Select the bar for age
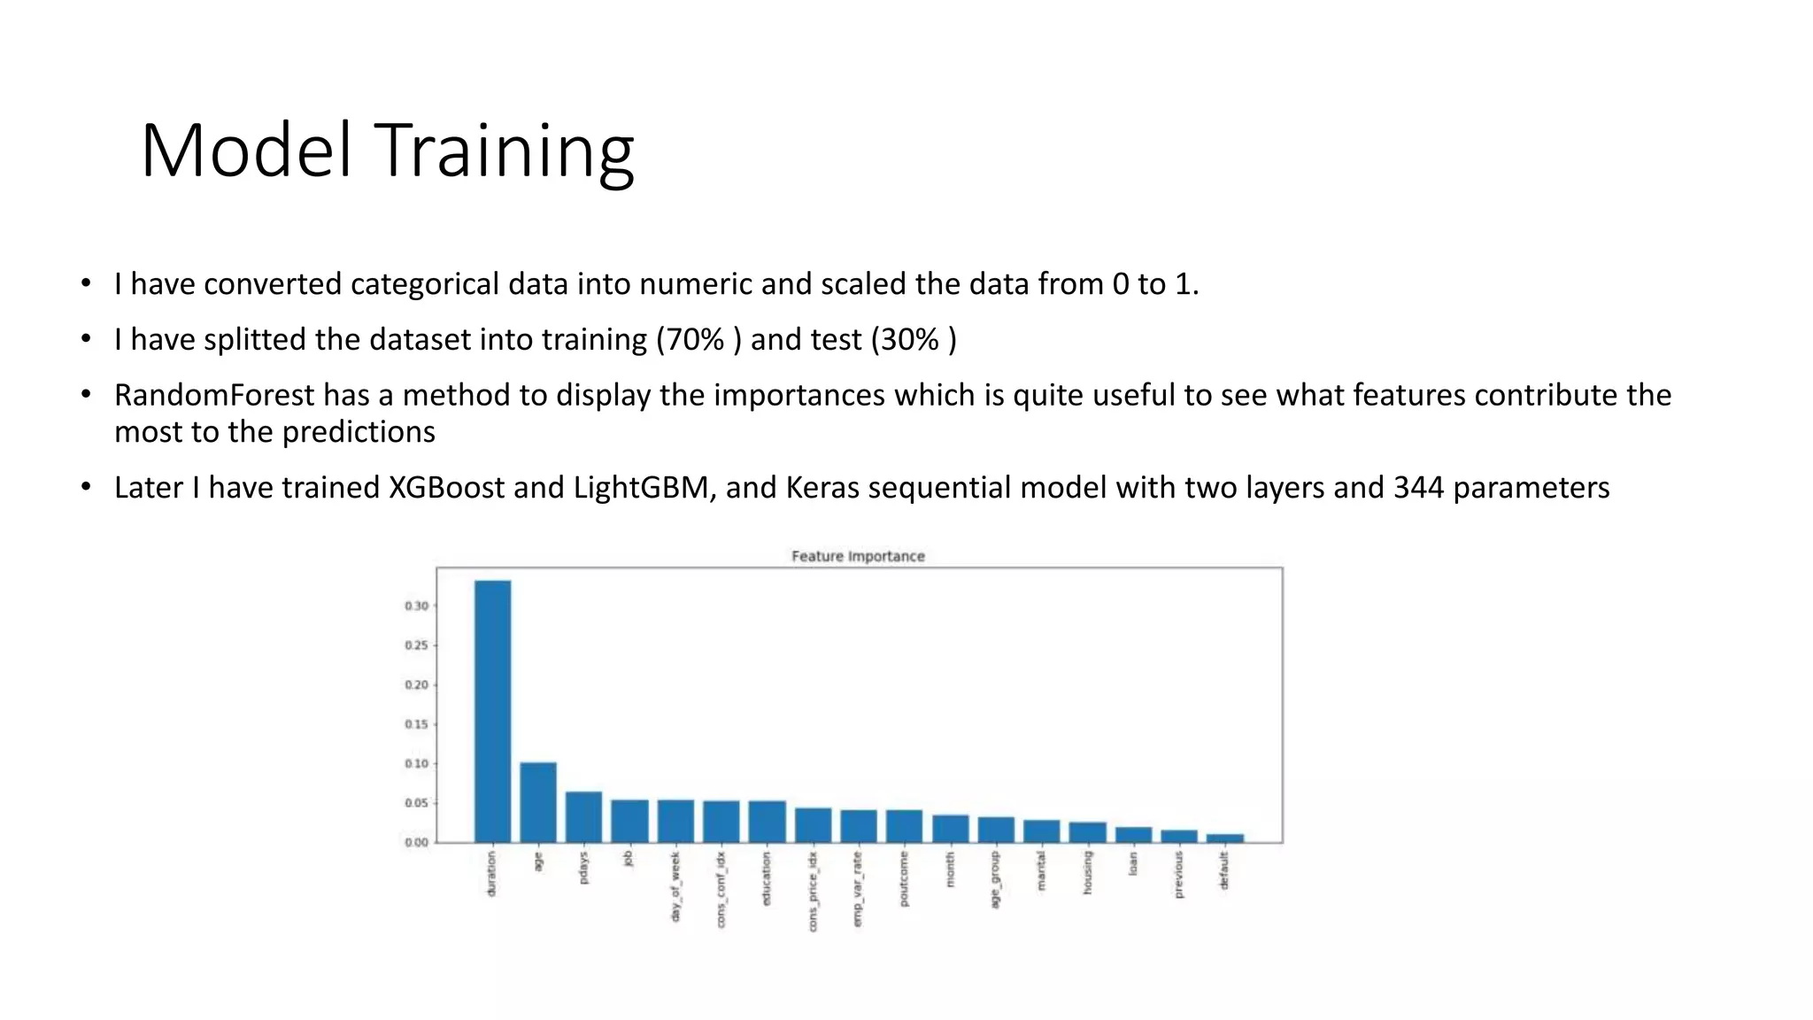[538, 802]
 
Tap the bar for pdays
[583, 816]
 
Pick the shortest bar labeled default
[1224, 838]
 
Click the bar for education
[767, 822]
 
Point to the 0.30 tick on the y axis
[417, 607]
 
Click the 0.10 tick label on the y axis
[417, 764]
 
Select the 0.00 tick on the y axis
[417, 843]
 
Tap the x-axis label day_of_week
[675, 887]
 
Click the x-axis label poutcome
[904, 879]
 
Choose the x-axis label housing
[1087, 873]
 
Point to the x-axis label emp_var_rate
[858, 889]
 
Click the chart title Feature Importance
[858, 556]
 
